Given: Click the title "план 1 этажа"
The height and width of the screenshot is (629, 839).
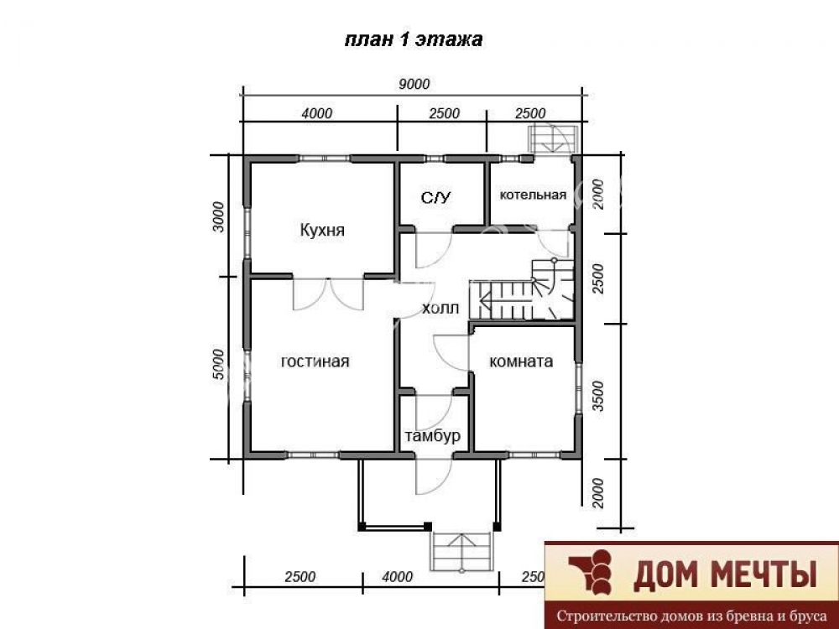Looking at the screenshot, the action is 413,39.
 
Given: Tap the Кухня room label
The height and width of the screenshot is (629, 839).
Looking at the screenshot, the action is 322,231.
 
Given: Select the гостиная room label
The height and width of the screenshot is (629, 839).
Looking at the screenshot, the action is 315,361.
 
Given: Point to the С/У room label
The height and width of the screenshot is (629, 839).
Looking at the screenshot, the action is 436,199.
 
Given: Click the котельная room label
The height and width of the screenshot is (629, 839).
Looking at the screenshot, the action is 533,195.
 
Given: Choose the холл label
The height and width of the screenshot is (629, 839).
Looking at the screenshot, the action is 440,309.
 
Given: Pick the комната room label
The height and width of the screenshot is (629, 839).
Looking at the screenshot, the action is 521,362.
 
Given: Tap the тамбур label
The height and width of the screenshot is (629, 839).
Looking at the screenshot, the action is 432,436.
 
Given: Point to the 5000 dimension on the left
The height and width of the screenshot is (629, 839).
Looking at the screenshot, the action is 218,364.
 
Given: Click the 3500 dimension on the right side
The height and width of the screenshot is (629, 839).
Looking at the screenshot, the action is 598,395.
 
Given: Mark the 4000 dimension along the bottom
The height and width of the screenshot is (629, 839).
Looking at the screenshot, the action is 398,577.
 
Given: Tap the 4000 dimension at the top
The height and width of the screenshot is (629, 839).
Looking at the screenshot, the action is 316,113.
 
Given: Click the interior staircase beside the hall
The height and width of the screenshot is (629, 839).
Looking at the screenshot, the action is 522,289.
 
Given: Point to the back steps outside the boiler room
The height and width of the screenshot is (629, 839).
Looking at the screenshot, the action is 553,138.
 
